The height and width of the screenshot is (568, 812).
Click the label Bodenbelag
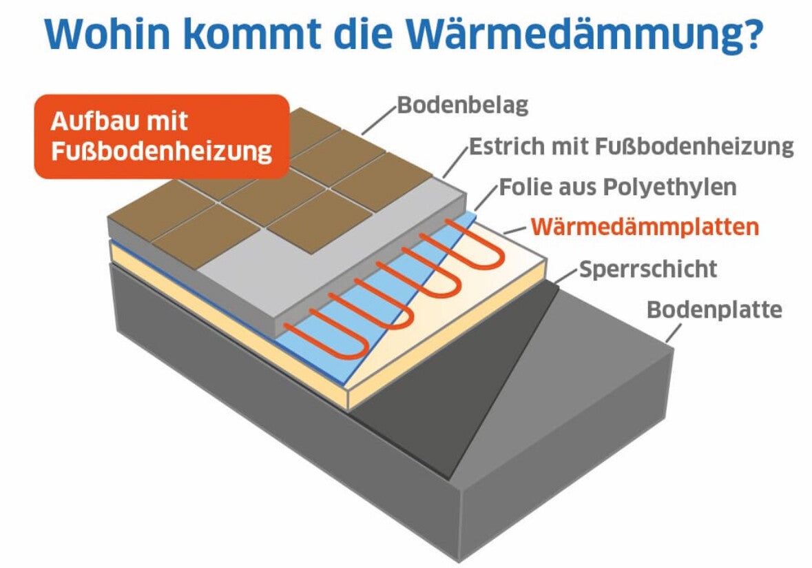[462, 105]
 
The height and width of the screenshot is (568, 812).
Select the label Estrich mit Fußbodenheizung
[632, 146]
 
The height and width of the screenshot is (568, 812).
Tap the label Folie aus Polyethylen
[618, 187]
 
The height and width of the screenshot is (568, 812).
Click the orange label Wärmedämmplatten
[645, 227]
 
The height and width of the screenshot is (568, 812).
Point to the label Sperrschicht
[648, 269]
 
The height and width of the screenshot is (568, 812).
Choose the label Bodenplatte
[714, 310]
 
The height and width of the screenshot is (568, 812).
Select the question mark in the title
[754, 34]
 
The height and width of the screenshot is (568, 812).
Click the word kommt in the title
[253, 34]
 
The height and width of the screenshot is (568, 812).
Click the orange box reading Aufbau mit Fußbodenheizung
[162, 136]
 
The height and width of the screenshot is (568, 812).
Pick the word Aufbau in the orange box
[91, 121]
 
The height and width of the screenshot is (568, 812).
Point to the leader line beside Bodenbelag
[379, 120]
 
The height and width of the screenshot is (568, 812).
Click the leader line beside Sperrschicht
[565, 276]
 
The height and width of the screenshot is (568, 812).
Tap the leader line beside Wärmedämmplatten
[514, 230]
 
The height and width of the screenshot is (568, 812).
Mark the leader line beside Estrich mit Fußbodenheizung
[455, 161]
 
